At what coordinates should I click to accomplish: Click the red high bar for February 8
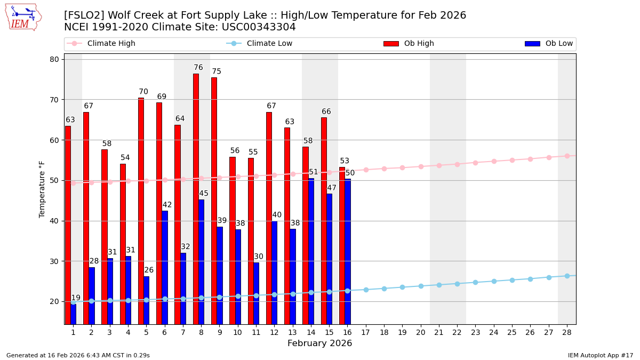click(x=196, y=198)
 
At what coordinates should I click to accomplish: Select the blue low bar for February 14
click(x=311, y=251)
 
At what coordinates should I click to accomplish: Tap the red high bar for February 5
click(x=141, y=211)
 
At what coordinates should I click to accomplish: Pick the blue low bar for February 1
click(x=73, y=314)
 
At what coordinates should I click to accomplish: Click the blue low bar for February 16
click(x=348, y=251)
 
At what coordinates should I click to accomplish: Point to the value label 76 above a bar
click(x=198, y=68)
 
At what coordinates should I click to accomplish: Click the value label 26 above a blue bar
click(x=149, y=270)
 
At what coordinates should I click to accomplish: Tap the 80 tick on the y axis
click(x=54, y=59)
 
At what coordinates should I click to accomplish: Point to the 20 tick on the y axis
click(x=54, y=301)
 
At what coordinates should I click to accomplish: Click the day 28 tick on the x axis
click(x=567, y=332)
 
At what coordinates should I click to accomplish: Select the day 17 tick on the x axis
click(x=365, y=332)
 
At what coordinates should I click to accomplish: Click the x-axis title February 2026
click(x=319, y=343)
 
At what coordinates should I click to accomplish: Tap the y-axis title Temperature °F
click(x=43, y=189)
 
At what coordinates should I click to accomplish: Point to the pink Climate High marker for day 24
click(x=494, y=161)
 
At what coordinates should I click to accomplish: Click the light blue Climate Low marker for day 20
click(x=421, y=286)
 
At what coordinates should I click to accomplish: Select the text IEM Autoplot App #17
click(x=600, y=355)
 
